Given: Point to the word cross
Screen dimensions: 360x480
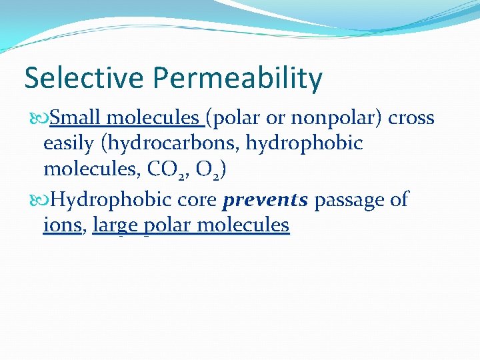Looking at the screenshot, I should [x=411, y=119].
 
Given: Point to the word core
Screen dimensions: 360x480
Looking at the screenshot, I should [x=199, y=199].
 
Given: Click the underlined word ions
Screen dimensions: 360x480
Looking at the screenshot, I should [x=62, y=225].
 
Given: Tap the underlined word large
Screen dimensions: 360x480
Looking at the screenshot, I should [x=116, y=226].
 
